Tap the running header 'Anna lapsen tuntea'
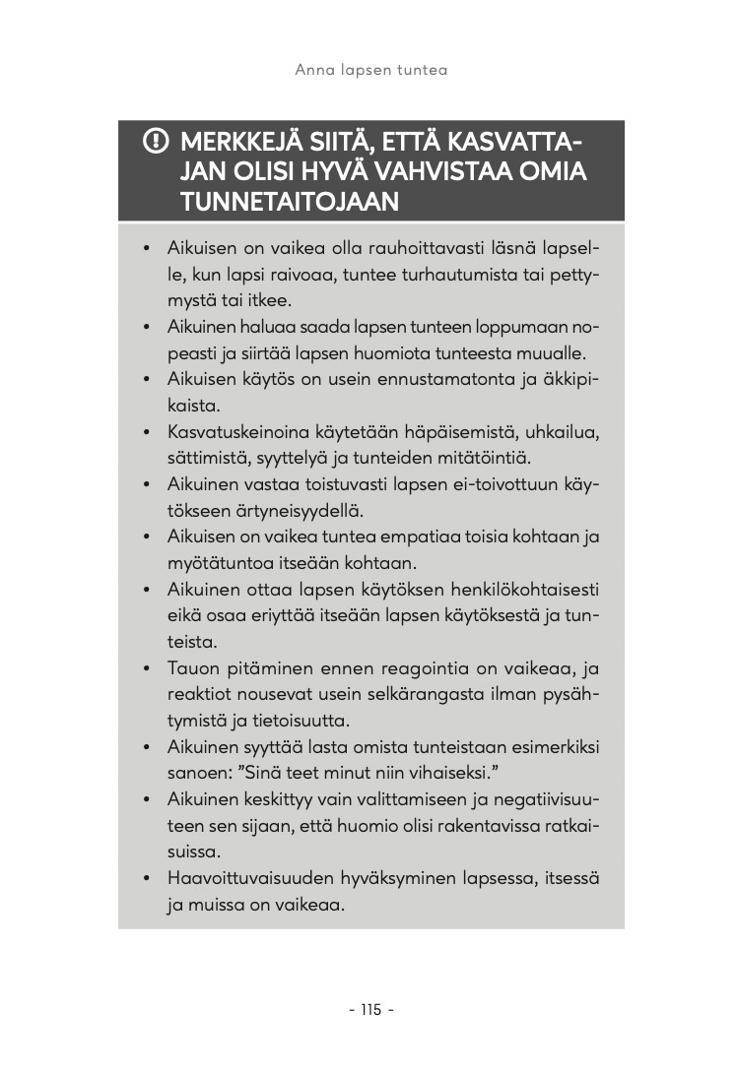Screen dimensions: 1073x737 (371, 70)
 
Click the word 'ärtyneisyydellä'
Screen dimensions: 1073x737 (323, 511)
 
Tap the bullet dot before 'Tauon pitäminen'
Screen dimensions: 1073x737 (145, 669)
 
